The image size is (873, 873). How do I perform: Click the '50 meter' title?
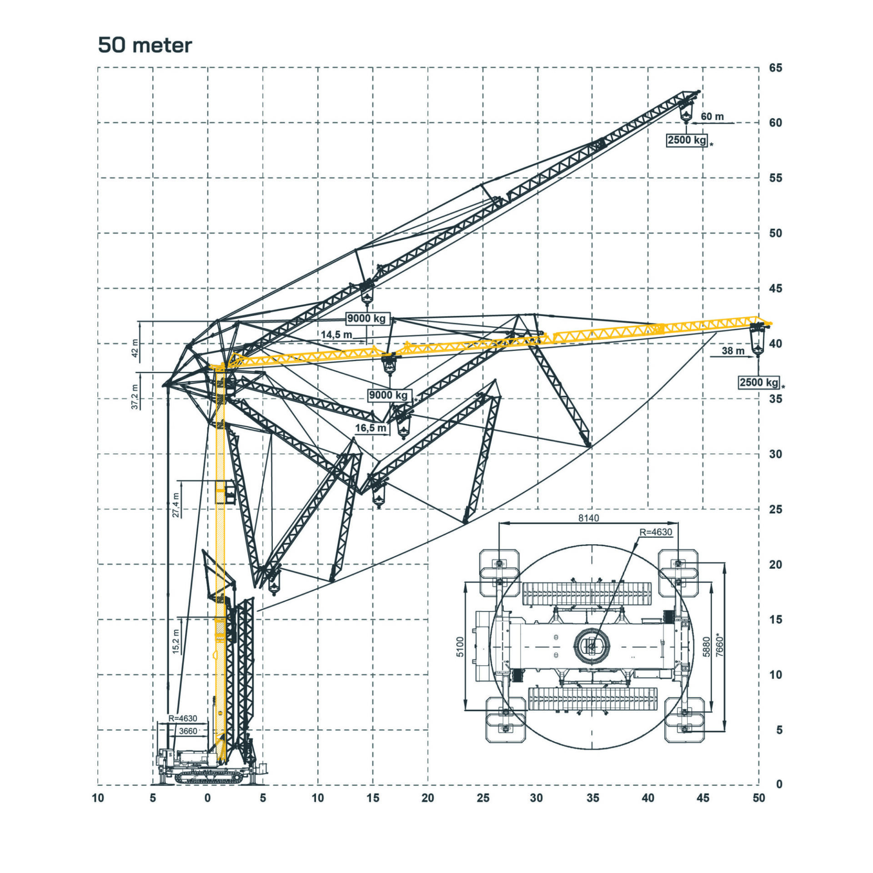145,45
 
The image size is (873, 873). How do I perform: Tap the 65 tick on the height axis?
776,68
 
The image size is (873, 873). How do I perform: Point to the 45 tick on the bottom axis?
703,798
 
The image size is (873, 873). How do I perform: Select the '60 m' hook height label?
712,116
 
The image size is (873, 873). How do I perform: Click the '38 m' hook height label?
733,351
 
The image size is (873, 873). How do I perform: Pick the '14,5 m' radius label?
336,335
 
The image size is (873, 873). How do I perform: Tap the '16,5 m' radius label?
371,428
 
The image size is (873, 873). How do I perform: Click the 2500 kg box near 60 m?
687,140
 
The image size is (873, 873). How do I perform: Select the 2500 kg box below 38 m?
759,382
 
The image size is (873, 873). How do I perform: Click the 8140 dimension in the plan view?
588,518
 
